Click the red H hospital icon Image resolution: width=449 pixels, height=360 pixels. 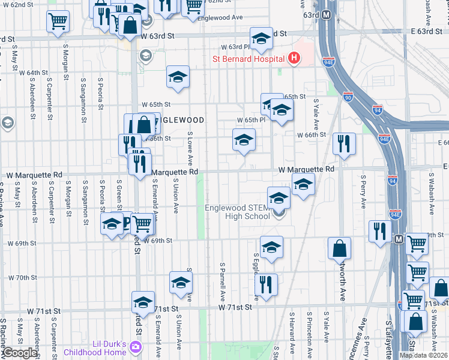click(294, 58)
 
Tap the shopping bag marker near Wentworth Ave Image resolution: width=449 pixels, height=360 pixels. click(339, 247)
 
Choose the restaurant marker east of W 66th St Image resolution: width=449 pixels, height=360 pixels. click(344, 143)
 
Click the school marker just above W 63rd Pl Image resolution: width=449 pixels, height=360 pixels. click(261, 38)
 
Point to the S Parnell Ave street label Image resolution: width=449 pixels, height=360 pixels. click(222, 280)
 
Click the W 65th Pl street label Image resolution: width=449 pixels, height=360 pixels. click(250, 120)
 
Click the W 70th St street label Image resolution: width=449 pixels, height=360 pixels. click(23, 278)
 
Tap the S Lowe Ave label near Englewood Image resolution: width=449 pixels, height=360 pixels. click(190, 149)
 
